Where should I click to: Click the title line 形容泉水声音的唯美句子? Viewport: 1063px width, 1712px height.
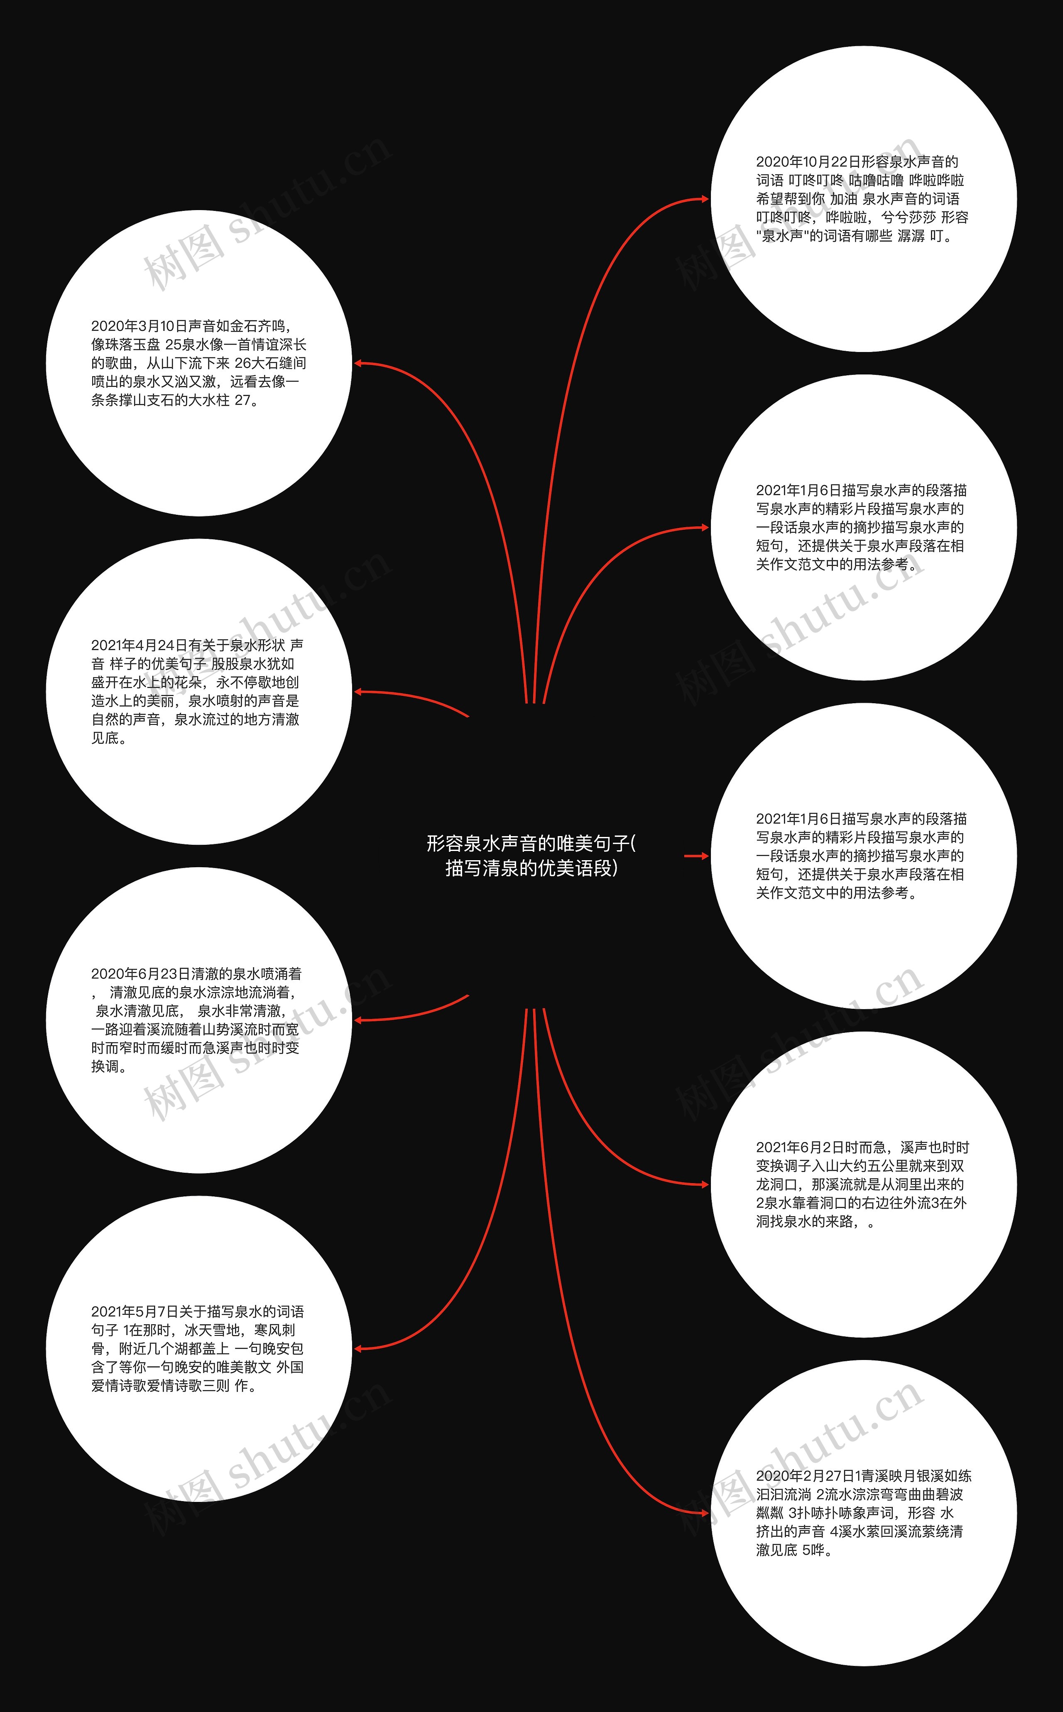pyautogui.click(x=527, y=844)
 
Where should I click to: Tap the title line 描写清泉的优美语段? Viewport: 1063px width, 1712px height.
pyautogui.click(x=531, y=868)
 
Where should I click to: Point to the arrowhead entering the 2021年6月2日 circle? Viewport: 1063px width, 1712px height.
pyautogui.click(x=705, y=1185)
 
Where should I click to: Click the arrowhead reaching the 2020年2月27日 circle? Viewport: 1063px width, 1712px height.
pyautogui.click(x=705, y=1513)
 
